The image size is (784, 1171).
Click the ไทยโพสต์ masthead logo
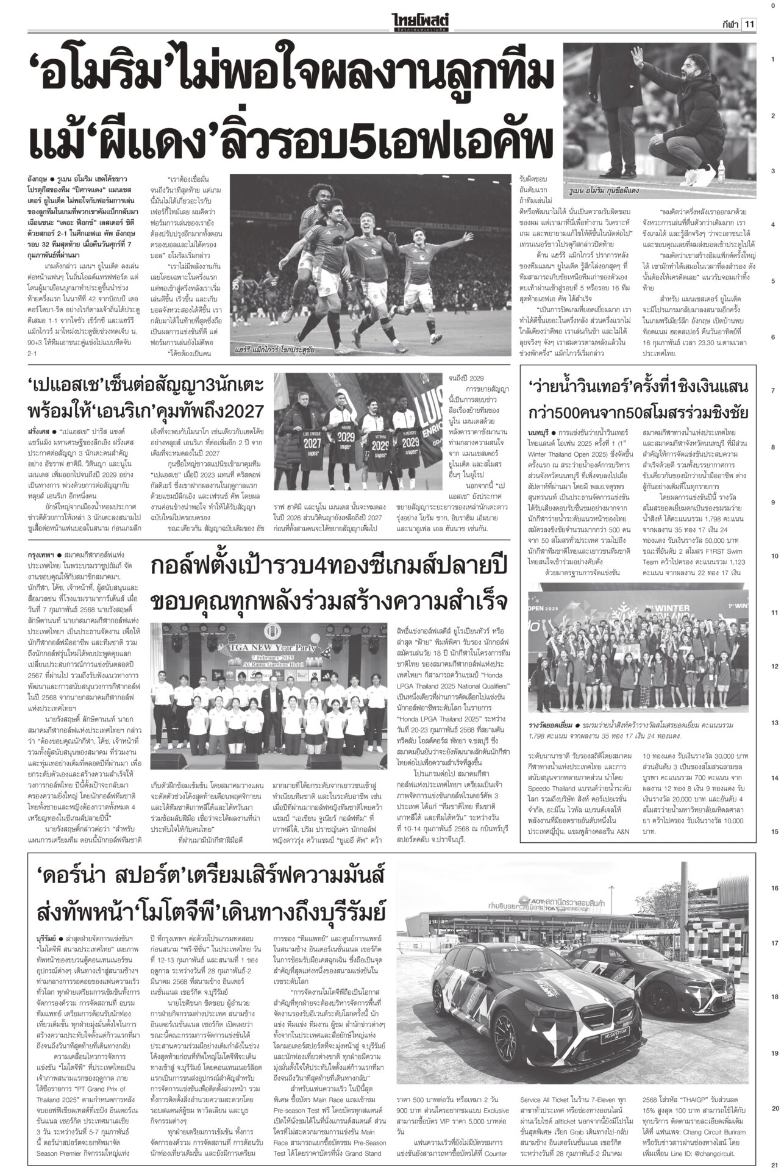pyautogui.click(x=421, y=23)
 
